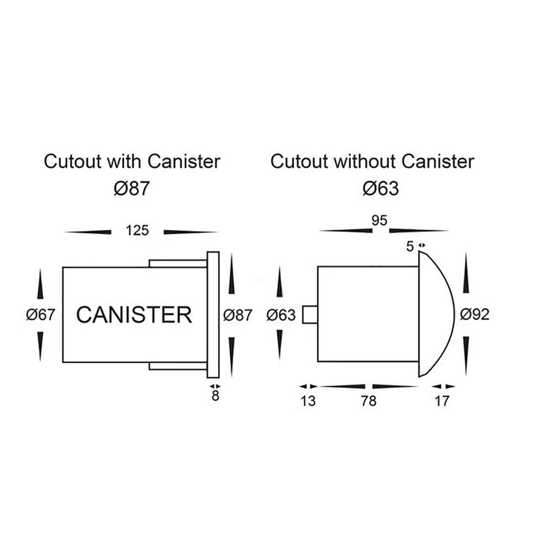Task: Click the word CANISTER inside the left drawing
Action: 134,315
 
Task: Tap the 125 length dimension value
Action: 138,231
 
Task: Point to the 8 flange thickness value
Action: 215,397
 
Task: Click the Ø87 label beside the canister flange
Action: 238,315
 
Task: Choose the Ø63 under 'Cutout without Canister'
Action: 380,189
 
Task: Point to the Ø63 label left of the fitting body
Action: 281,315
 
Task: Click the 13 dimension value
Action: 308,400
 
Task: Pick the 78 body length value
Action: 368,400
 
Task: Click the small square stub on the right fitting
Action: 310,315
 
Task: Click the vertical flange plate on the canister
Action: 213,315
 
